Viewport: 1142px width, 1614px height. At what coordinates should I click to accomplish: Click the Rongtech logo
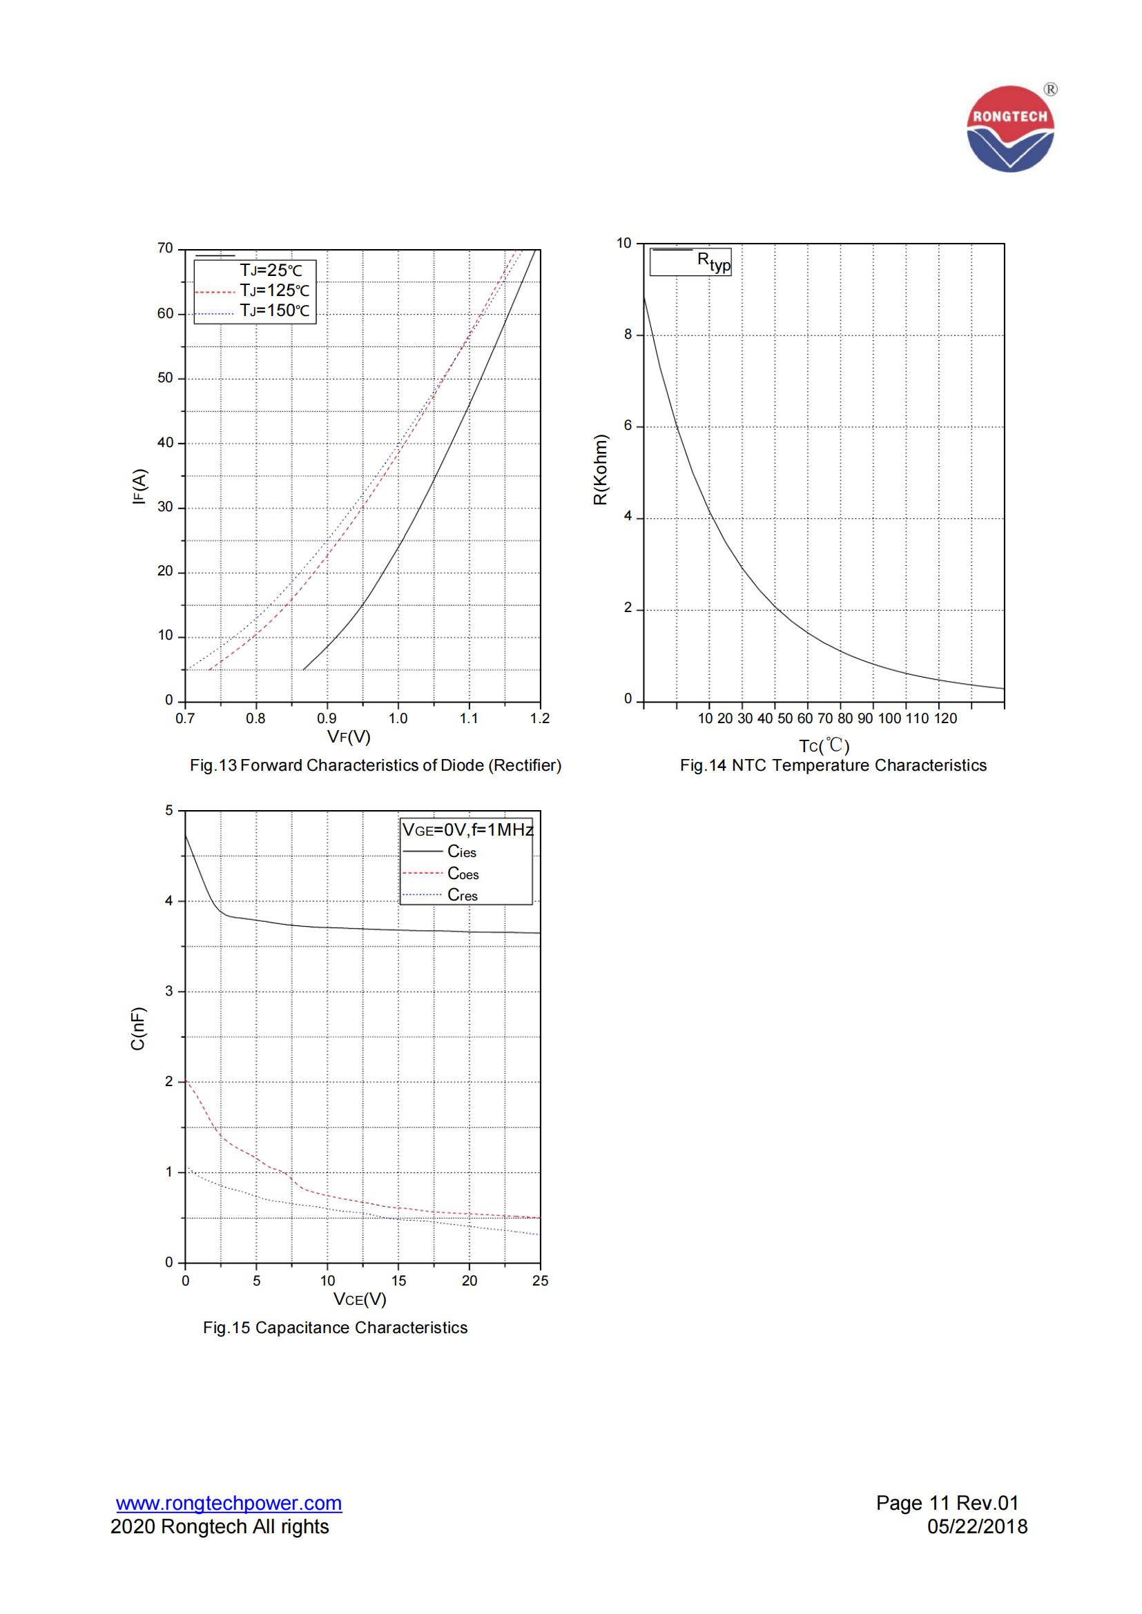click(1011, 128)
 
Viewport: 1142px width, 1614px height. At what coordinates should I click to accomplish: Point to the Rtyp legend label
click(714, 262)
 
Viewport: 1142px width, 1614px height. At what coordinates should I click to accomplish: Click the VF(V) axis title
click(349, 737)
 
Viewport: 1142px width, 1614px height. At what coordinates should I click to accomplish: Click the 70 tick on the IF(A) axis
click(165, 248)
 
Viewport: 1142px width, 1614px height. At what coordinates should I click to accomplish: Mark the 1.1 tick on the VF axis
click(469, 718)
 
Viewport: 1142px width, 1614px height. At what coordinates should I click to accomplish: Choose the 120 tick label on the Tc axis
click(946, 718)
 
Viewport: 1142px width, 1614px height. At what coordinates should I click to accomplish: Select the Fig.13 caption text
click(376, 765)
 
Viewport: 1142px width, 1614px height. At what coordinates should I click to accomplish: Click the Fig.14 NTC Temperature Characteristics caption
click(833, 765)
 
